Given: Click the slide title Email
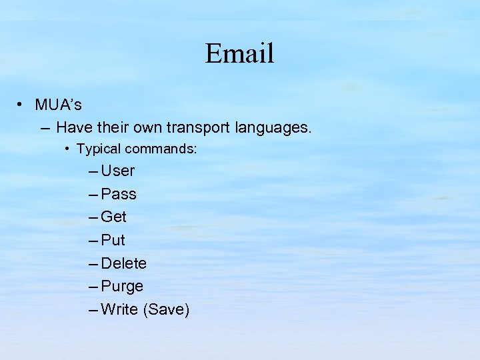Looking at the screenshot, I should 239,53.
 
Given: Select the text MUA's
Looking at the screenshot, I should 59,105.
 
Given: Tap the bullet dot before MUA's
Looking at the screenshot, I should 21,105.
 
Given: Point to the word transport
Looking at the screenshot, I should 198,127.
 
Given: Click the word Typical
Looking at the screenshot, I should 99,149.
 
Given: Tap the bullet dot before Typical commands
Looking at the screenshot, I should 69,149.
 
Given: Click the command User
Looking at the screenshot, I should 118,171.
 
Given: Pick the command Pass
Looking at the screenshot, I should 119,194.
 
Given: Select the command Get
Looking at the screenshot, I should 113,217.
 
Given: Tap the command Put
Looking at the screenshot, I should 113,240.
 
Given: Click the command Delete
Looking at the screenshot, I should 124,263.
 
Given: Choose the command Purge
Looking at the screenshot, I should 122,287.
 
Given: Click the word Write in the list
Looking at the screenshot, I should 119,309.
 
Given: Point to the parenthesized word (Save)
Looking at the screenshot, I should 167,309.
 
